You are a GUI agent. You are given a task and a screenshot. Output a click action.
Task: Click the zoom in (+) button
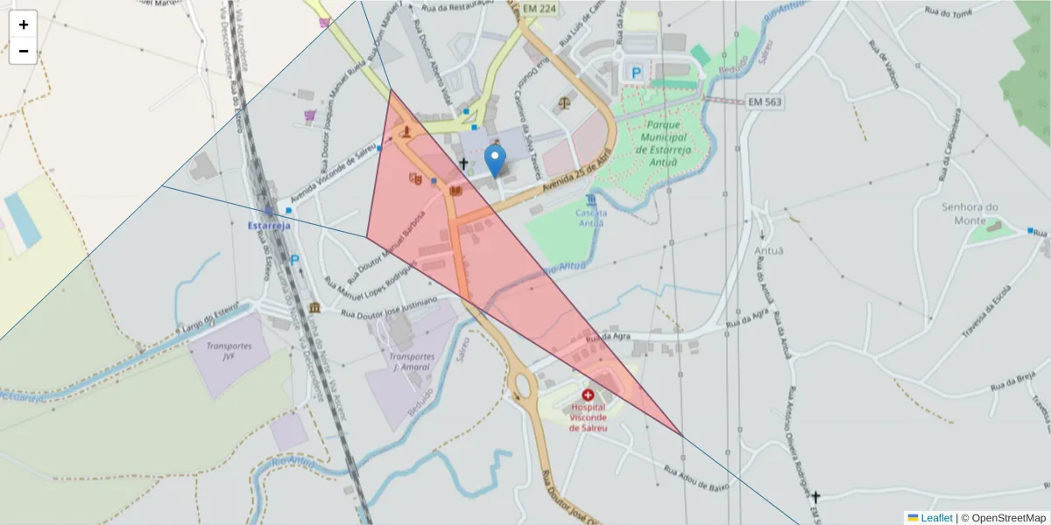pyautogui.click(x=23, y=24)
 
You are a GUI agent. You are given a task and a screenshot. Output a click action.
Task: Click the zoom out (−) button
pyautogui.click(x=23, y=51)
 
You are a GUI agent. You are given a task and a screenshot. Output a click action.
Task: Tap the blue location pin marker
pyautogui.click(x=495, y=161)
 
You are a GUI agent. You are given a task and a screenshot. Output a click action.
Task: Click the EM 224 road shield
pyautogui.click(x=539, y=9)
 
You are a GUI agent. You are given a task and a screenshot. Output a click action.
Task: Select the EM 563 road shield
pyautogui.click(x=765, y=101)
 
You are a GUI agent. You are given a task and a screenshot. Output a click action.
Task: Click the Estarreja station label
pyautogui.click(x=269, y=225)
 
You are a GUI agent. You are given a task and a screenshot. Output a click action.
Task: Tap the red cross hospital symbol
pyautogui.click(x=587, y=395)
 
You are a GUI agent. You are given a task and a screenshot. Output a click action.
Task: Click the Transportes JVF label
pyautogui.click(x=229, y=351)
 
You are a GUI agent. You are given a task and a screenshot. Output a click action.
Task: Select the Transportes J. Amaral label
pyautogui.click(x=412, y=362)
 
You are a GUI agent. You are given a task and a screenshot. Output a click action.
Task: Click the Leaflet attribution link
pyautogui.click(x=936, y=517)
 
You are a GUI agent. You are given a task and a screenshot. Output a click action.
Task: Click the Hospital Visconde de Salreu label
pyautogui.click(x=588, y=417)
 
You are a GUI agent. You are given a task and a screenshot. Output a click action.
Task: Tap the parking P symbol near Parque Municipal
pyautogui.click(x=637, y=73)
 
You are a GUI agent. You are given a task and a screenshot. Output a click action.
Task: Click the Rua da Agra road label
pyautogui.click(x=610, y=337)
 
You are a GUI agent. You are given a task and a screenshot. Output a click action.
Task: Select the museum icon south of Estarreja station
pyautogui.click(x=314, y=308)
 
